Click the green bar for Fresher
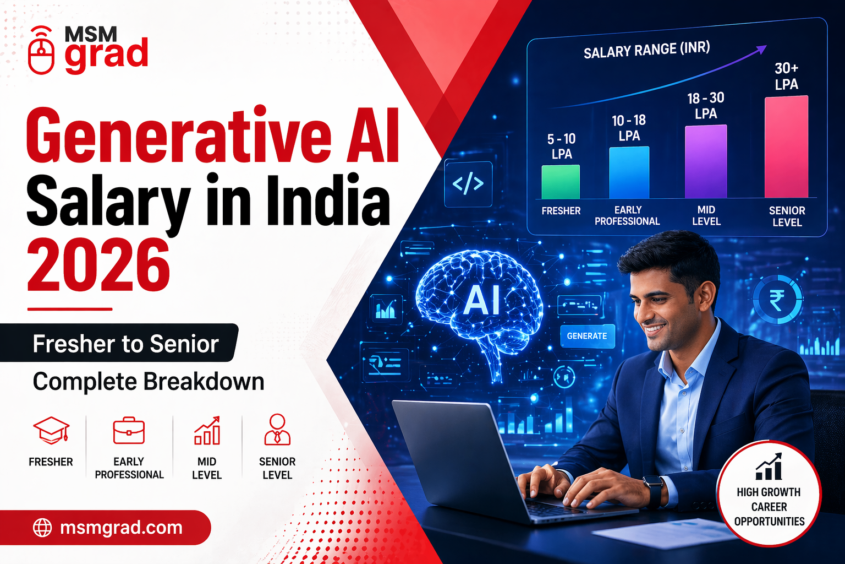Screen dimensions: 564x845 point(561,182)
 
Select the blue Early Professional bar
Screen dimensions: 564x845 point(629,172)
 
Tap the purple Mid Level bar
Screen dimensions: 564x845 point(706,161)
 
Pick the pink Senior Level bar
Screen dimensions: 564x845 point(786,147)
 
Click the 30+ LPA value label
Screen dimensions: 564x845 point(786,76)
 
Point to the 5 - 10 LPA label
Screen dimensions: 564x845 point(561,147)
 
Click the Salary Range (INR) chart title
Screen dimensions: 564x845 point(646,50)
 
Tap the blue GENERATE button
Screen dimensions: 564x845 point(587,336)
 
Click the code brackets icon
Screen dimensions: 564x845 point(468,184)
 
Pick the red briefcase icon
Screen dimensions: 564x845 point(129,431)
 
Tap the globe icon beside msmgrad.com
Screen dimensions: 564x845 point(42,528)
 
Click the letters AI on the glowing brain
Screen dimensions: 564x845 point(481,301)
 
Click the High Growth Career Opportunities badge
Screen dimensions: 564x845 point(769,493)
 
